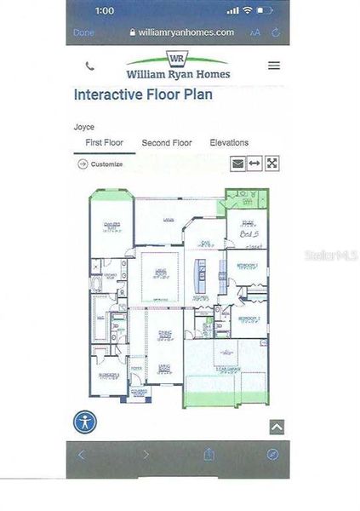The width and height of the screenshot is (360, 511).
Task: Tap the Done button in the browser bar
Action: click(83, 32)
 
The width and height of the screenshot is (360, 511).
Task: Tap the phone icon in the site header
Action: click(90, 66)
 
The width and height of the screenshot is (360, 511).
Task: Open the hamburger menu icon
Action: click(273, 66)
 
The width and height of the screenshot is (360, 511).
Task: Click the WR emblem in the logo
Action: click(177, 59)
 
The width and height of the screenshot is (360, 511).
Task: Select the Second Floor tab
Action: click(167, 143)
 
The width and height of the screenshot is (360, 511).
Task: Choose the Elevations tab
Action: click(229, 143)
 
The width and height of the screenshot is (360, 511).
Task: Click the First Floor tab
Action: click(105, 143)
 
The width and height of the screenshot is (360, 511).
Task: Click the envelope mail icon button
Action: click(237, 164)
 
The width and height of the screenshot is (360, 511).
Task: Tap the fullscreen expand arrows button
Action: click(271, 164)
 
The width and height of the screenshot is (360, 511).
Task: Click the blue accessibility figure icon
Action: click(85, 422)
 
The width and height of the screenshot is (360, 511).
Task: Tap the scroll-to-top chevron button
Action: click(277, 428)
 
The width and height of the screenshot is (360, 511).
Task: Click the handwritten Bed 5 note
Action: click(248, 233)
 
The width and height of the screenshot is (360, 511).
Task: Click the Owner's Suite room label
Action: click(111, 226)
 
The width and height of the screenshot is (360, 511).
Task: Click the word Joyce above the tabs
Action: click(84, 127)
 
